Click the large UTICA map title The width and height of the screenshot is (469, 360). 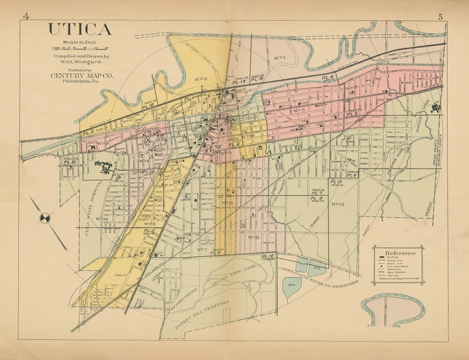tap(79, 29)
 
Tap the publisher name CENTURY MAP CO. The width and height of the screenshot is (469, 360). tap(79, 76)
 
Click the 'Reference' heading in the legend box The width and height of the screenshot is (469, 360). tap(400, 253)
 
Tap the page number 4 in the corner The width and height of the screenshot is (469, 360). tap(25, 16)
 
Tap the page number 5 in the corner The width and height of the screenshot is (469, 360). tap(440, 17)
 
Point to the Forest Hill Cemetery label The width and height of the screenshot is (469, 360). tap(197, 312)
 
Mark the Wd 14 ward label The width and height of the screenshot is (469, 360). tap(102, 219)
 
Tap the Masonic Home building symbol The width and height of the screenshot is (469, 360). tap(437, 108)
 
